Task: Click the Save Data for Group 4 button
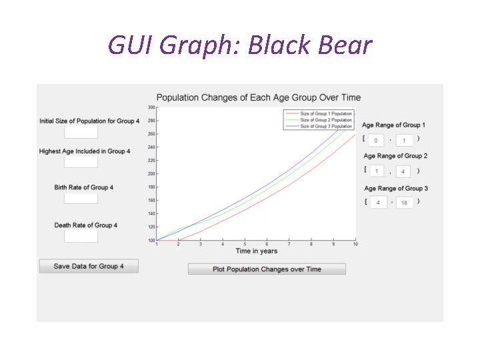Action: coord(89,266)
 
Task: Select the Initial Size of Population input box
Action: coord(81,132)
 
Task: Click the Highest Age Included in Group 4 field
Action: coord(81,162)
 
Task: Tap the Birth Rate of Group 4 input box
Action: coord(81,198)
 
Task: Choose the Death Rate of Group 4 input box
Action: coord(81,236)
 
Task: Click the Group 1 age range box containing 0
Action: coord(376,140)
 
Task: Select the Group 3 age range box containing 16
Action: coord(404,202)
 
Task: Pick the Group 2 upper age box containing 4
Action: coord(403,171)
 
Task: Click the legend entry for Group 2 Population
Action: coord(325,120)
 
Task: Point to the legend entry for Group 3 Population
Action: coord(325,126)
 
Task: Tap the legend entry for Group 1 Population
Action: coord(325,114)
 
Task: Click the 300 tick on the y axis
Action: coord(151,107)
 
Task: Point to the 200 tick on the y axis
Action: coord(151,174)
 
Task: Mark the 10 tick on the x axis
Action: coord(355,245)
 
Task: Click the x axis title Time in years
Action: coord(257,251)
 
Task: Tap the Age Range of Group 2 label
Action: coord(395,156)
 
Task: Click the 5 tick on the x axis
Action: coord(245,245)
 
